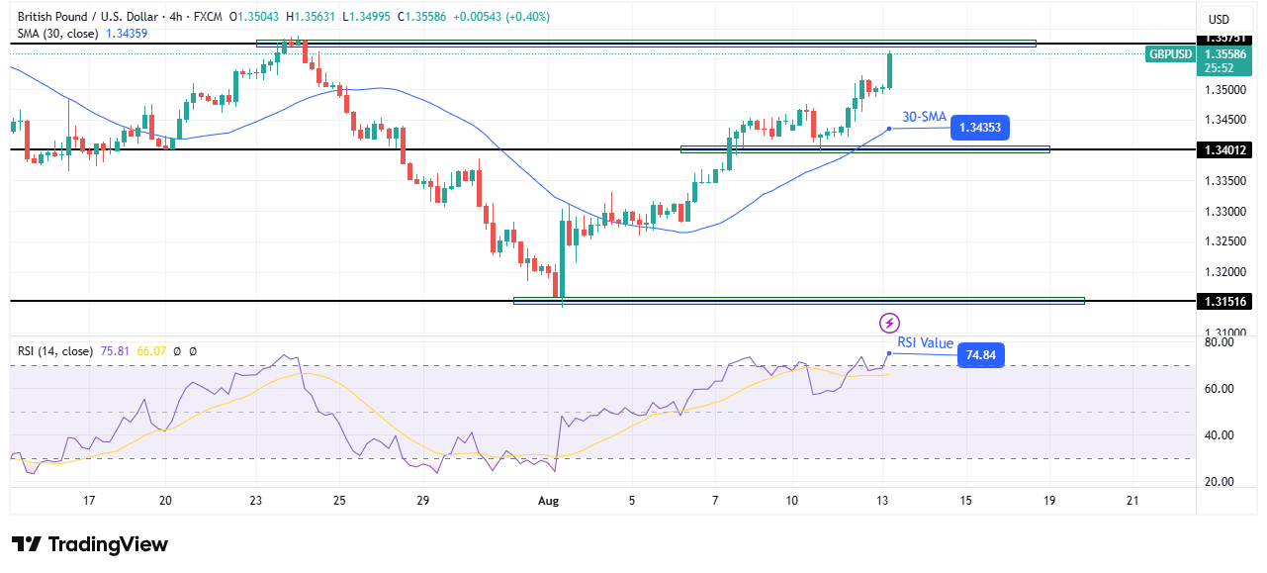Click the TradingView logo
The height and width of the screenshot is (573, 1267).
tap(89, 544)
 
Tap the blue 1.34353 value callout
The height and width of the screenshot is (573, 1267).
tap(980, 128)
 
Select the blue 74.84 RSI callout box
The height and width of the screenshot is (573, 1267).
tap(979, 355)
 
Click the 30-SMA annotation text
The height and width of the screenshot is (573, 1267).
tap(924, 117)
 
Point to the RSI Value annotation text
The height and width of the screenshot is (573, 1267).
tap(925, 343)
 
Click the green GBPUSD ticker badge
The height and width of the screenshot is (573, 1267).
tap(1170, 54)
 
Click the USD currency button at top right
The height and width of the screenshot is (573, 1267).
tap(1219, 19)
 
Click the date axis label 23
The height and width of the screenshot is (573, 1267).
tap(255, 501)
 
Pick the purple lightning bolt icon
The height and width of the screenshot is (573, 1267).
tap(889, 323)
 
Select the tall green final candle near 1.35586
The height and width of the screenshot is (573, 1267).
tap(890, 70)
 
